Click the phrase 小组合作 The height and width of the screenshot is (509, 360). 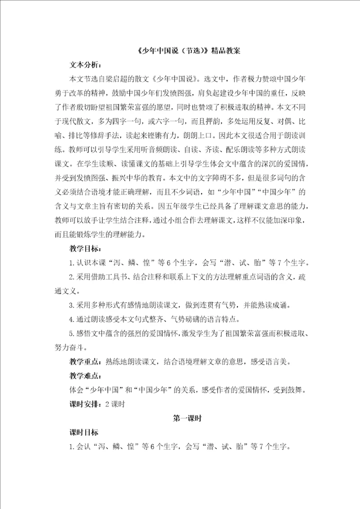(x=207, y=219)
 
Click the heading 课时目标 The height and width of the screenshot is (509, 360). (x=83, y=432)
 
